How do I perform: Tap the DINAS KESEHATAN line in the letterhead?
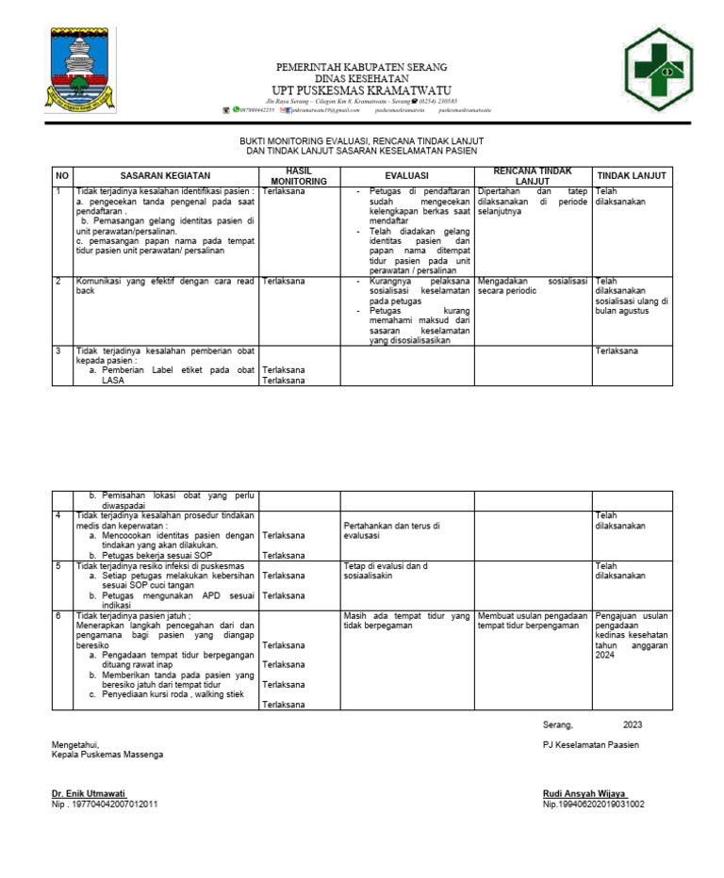tap(361, 78)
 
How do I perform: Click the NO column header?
tap(62, 175)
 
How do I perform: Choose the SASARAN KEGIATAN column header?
tap(165, 175)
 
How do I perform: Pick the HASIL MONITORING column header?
tap(298, 175)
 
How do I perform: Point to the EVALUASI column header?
tap(406, 175)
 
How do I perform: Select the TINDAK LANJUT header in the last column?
tap(632, 175)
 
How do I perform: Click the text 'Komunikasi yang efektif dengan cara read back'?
tap(165, 285)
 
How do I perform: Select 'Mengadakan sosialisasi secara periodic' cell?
tap(533, 285)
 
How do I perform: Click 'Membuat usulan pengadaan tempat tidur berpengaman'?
tap(533, 621)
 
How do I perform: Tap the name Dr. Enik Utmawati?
tap(90, 793)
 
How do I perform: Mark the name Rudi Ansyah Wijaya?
tap(585, 793)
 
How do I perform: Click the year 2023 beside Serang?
tap(633, 724)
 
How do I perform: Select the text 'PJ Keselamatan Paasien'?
tap(591, 745)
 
